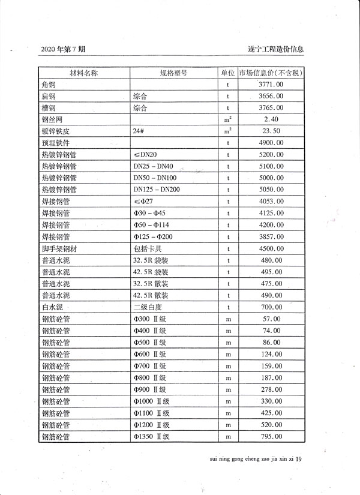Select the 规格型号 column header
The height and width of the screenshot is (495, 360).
tap(174, 73)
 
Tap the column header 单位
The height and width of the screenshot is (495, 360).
tap(228, 73)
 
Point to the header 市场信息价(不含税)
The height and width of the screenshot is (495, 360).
tap(271, 73)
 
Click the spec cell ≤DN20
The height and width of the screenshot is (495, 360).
tap(145, 155)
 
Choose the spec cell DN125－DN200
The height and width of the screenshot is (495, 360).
tap(157, 190)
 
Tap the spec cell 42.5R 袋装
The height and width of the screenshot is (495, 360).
tap(151, 272)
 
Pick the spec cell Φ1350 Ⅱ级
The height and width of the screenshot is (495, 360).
tap(153, 436)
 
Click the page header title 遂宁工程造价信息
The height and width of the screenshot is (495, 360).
tap(275, 49)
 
